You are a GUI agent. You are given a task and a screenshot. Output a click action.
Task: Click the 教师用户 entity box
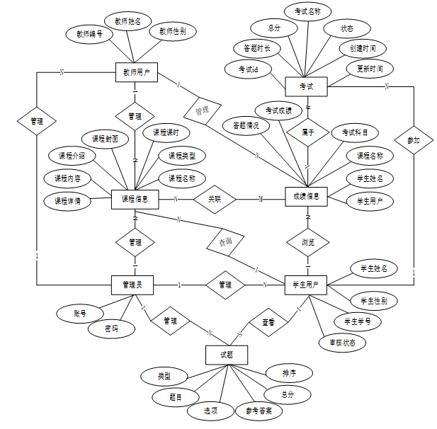click(x=135, y=71)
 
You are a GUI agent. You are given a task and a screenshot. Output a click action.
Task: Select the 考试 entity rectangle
click(x=307, y=86)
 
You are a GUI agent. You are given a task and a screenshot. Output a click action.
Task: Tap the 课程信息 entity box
click(x=135, y=200)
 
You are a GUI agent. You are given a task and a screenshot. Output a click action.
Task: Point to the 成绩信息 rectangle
click(x=307, y=197)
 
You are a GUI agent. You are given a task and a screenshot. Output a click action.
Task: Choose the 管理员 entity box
click(x=134, y=285)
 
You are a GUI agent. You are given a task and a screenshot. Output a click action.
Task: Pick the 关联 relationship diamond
click(x=215, y=200)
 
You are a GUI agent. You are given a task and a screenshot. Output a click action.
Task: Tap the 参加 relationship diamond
click(x=414, y=140)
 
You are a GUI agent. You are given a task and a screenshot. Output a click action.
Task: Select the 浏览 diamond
click(x=308, y=241)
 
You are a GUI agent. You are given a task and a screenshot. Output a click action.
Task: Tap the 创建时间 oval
click(x=363, y=49)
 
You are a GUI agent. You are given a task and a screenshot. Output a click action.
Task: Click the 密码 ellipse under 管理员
click(x=107, y=329)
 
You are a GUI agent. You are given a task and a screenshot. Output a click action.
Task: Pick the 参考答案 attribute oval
click(x=259, y=410)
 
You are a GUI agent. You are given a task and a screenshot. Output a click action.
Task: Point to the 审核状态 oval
click(x=342, y=343)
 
